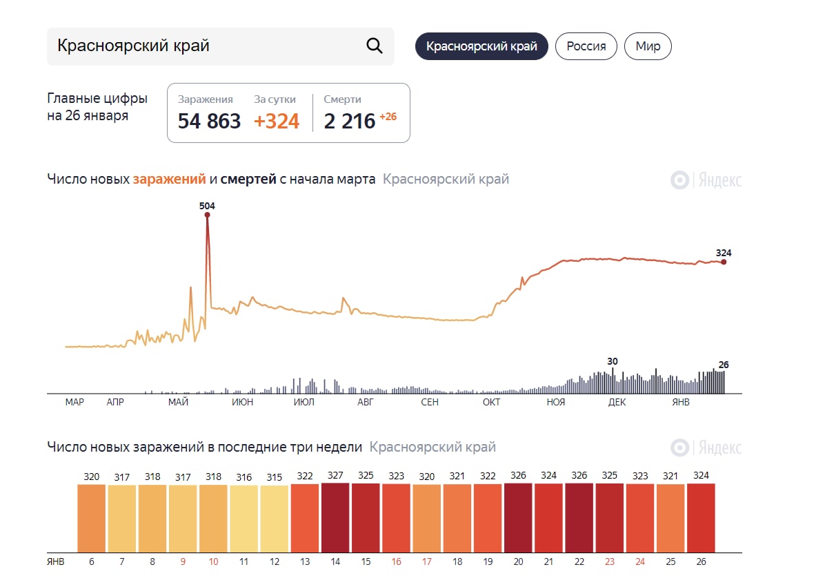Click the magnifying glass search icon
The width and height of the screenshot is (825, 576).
374,46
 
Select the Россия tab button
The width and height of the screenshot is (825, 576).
586,46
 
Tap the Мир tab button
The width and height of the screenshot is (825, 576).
648,46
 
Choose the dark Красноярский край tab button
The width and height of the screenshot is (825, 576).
481,46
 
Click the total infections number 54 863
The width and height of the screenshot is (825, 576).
209,121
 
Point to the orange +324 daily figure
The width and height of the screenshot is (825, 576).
277,121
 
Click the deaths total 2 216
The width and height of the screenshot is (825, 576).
350,121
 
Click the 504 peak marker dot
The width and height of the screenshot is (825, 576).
207,215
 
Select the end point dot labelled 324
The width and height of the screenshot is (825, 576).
724,262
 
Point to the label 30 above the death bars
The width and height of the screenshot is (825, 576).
613,361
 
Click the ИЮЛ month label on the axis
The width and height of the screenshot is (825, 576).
304,402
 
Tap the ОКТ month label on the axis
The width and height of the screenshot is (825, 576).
491,402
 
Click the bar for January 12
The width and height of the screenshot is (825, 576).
275,518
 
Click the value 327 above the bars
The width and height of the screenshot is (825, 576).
335,476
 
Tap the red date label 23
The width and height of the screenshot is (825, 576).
610,561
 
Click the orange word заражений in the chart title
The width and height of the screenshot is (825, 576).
169,179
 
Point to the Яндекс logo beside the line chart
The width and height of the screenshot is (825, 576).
706,180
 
